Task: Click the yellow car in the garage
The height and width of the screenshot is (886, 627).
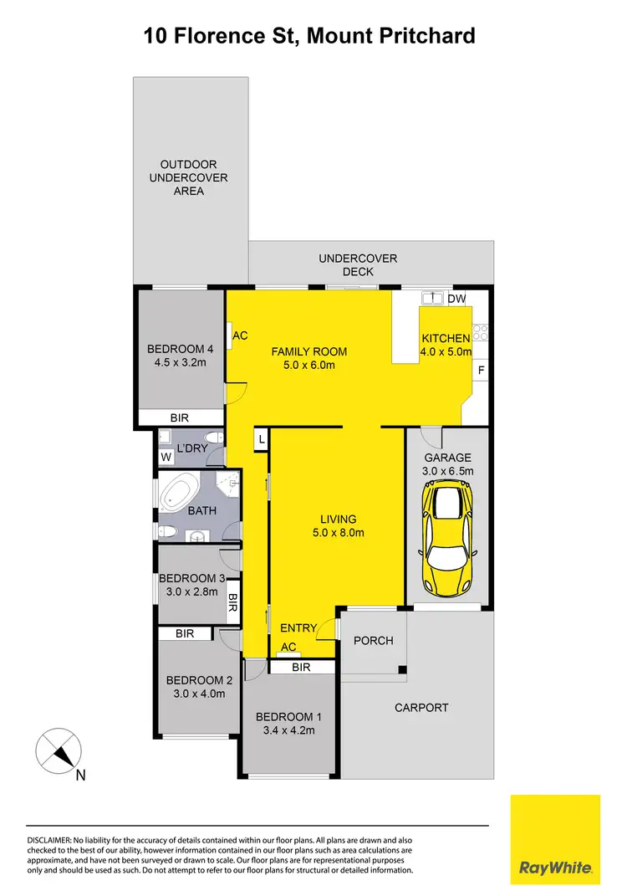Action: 448,535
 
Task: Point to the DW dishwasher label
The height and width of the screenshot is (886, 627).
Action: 456,299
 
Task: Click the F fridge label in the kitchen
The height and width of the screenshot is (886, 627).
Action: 482,369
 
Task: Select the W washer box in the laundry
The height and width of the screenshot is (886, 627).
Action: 166,457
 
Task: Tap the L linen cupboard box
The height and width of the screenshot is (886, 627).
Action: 261,439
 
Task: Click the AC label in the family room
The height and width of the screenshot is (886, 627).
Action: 240,335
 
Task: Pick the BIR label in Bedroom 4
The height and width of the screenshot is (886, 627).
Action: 178,416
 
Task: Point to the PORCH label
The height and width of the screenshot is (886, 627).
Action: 373,641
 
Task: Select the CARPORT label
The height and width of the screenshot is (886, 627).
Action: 421,708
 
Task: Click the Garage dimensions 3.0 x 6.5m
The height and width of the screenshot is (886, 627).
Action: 447,472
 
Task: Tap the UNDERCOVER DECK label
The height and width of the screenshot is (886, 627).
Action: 358,265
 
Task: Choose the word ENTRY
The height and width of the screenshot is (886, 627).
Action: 298,628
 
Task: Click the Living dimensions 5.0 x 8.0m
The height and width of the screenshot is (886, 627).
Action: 338,533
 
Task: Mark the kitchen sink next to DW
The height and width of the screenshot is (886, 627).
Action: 432,298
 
